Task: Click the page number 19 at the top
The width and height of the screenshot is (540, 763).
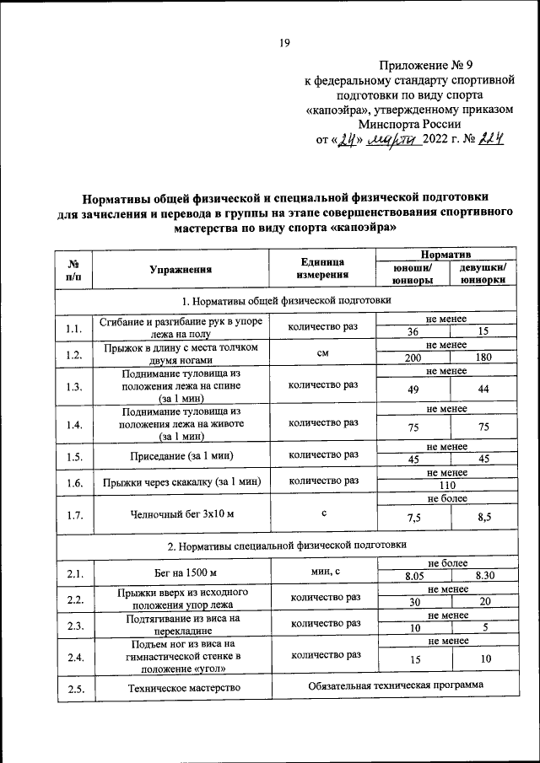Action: pos(284,43)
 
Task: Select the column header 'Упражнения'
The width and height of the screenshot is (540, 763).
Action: pos(180,270)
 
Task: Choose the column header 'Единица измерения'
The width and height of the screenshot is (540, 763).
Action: pos(322,270)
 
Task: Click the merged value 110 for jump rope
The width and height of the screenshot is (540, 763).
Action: pos(447,486)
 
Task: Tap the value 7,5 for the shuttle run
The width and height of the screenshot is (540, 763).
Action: pos(413,517)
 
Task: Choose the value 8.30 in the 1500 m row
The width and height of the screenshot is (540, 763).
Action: pos(483,576)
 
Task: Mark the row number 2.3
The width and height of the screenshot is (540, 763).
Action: pos(73,625)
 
